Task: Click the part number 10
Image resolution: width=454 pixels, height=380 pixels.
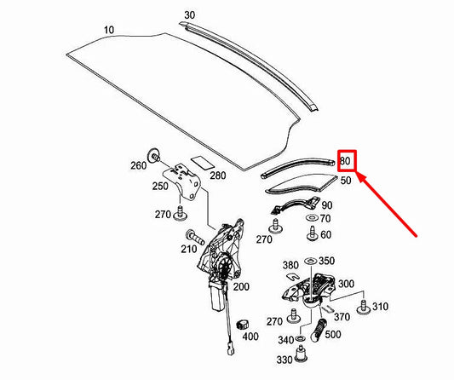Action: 108,30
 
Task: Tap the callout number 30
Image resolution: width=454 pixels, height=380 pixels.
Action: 189,15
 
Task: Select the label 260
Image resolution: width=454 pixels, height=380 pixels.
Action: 137,166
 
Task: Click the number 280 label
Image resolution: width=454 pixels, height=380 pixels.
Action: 217,176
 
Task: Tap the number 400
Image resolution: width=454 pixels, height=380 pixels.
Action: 250,337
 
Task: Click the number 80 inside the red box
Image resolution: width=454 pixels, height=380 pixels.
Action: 345,160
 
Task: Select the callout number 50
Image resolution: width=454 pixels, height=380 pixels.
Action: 346,181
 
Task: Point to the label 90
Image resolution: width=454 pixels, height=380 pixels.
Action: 327,205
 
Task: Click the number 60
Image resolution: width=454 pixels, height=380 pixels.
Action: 326,234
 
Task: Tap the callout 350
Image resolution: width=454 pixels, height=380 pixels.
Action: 326,261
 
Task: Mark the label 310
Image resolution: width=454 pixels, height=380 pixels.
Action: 380,306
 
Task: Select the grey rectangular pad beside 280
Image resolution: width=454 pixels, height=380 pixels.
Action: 202,160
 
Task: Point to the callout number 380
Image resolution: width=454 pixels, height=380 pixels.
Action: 290,264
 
